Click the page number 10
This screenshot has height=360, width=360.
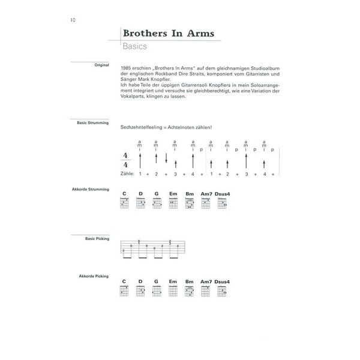pyautogui.click(x=72, y=20)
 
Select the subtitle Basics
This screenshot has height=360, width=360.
pyautogui.click(x=134, y=46)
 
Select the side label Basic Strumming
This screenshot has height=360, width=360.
pyautogui.click(x=93, y=122)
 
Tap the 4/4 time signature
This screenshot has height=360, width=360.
pyautogui.click(x=125, y=160)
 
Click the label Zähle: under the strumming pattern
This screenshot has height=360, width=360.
pyautogui.click(x=127, y=173)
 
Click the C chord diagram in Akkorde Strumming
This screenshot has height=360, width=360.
pyautogui.click(x=125, y=203)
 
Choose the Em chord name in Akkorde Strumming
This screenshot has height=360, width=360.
pyautogui.click(x=173, y=193)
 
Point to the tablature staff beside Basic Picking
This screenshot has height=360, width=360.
pyautogui.click(x=151, y=248)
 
